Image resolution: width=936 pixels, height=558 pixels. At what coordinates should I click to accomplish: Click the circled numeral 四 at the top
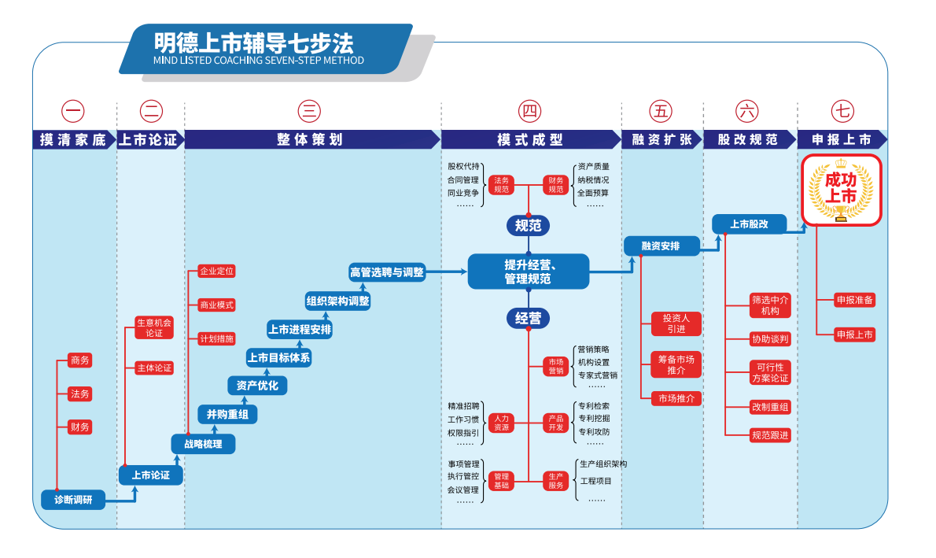point(530,111)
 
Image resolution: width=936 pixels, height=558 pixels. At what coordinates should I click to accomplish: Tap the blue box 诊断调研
point(73,500)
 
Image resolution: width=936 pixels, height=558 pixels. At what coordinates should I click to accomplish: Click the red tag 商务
point(79,360)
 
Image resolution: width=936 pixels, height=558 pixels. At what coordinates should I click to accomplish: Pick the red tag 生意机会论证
point(153,327)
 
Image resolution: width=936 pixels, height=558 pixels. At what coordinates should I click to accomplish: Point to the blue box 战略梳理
point(203,444)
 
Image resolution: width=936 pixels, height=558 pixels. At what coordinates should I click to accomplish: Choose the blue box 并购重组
point(227,414)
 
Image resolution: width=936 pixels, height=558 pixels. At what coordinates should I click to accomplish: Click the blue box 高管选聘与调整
point(387,272)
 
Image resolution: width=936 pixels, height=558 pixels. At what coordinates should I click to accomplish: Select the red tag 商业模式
point(216,305)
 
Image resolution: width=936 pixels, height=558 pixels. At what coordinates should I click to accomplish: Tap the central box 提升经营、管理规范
point(528,272)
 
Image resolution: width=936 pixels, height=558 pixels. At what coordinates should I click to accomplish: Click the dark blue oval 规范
point(528,226)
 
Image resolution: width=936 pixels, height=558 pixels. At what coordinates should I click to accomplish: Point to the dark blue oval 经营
point(528,319)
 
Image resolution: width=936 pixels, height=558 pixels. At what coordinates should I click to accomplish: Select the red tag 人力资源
point(501,423)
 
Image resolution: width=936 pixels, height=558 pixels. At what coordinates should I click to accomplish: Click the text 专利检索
point(594,406)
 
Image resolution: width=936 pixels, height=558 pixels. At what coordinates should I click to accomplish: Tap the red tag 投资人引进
point(676,323)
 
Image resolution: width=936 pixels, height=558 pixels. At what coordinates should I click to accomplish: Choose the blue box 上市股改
point(749,224)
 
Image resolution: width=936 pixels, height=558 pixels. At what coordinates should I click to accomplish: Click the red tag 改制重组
point(770,407)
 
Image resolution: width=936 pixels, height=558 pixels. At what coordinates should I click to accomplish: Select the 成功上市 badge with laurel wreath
point(841,190)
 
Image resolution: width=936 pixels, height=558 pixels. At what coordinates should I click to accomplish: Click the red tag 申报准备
point(855,300)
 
